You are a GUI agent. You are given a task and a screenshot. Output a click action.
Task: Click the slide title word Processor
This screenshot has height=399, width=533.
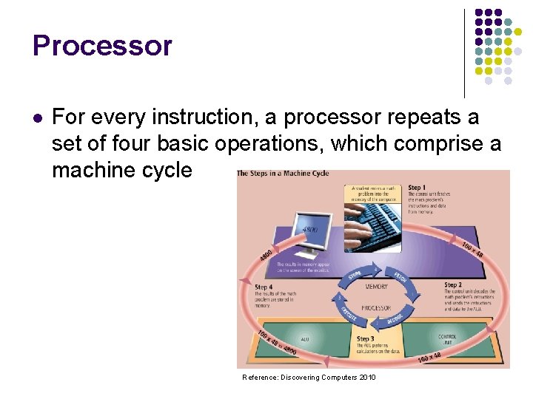tap(102, 46)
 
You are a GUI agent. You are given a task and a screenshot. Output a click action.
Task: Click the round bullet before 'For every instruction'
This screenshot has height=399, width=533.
tap(38, 117)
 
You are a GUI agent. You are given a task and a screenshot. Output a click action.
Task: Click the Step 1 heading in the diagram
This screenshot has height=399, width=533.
tap(418, 188)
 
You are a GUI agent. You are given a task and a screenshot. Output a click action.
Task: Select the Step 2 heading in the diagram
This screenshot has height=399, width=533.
tap(454, 284)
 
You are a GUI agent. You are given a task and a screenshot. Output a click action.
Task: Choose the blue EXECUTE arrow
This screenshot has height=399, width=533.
tap(347, 313)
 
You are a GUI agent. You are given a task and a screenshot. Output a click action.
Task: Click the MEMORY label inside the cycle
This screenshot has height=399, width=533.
tap(376, 286)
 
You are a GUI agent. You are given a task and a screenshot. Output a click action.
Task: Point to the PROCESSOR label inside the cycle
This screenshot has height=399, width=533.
tap(376, 307)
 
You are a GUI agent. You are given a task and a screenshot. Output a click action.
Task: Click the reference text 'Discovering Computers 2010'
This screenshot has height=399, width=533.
tap(326, 378)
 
